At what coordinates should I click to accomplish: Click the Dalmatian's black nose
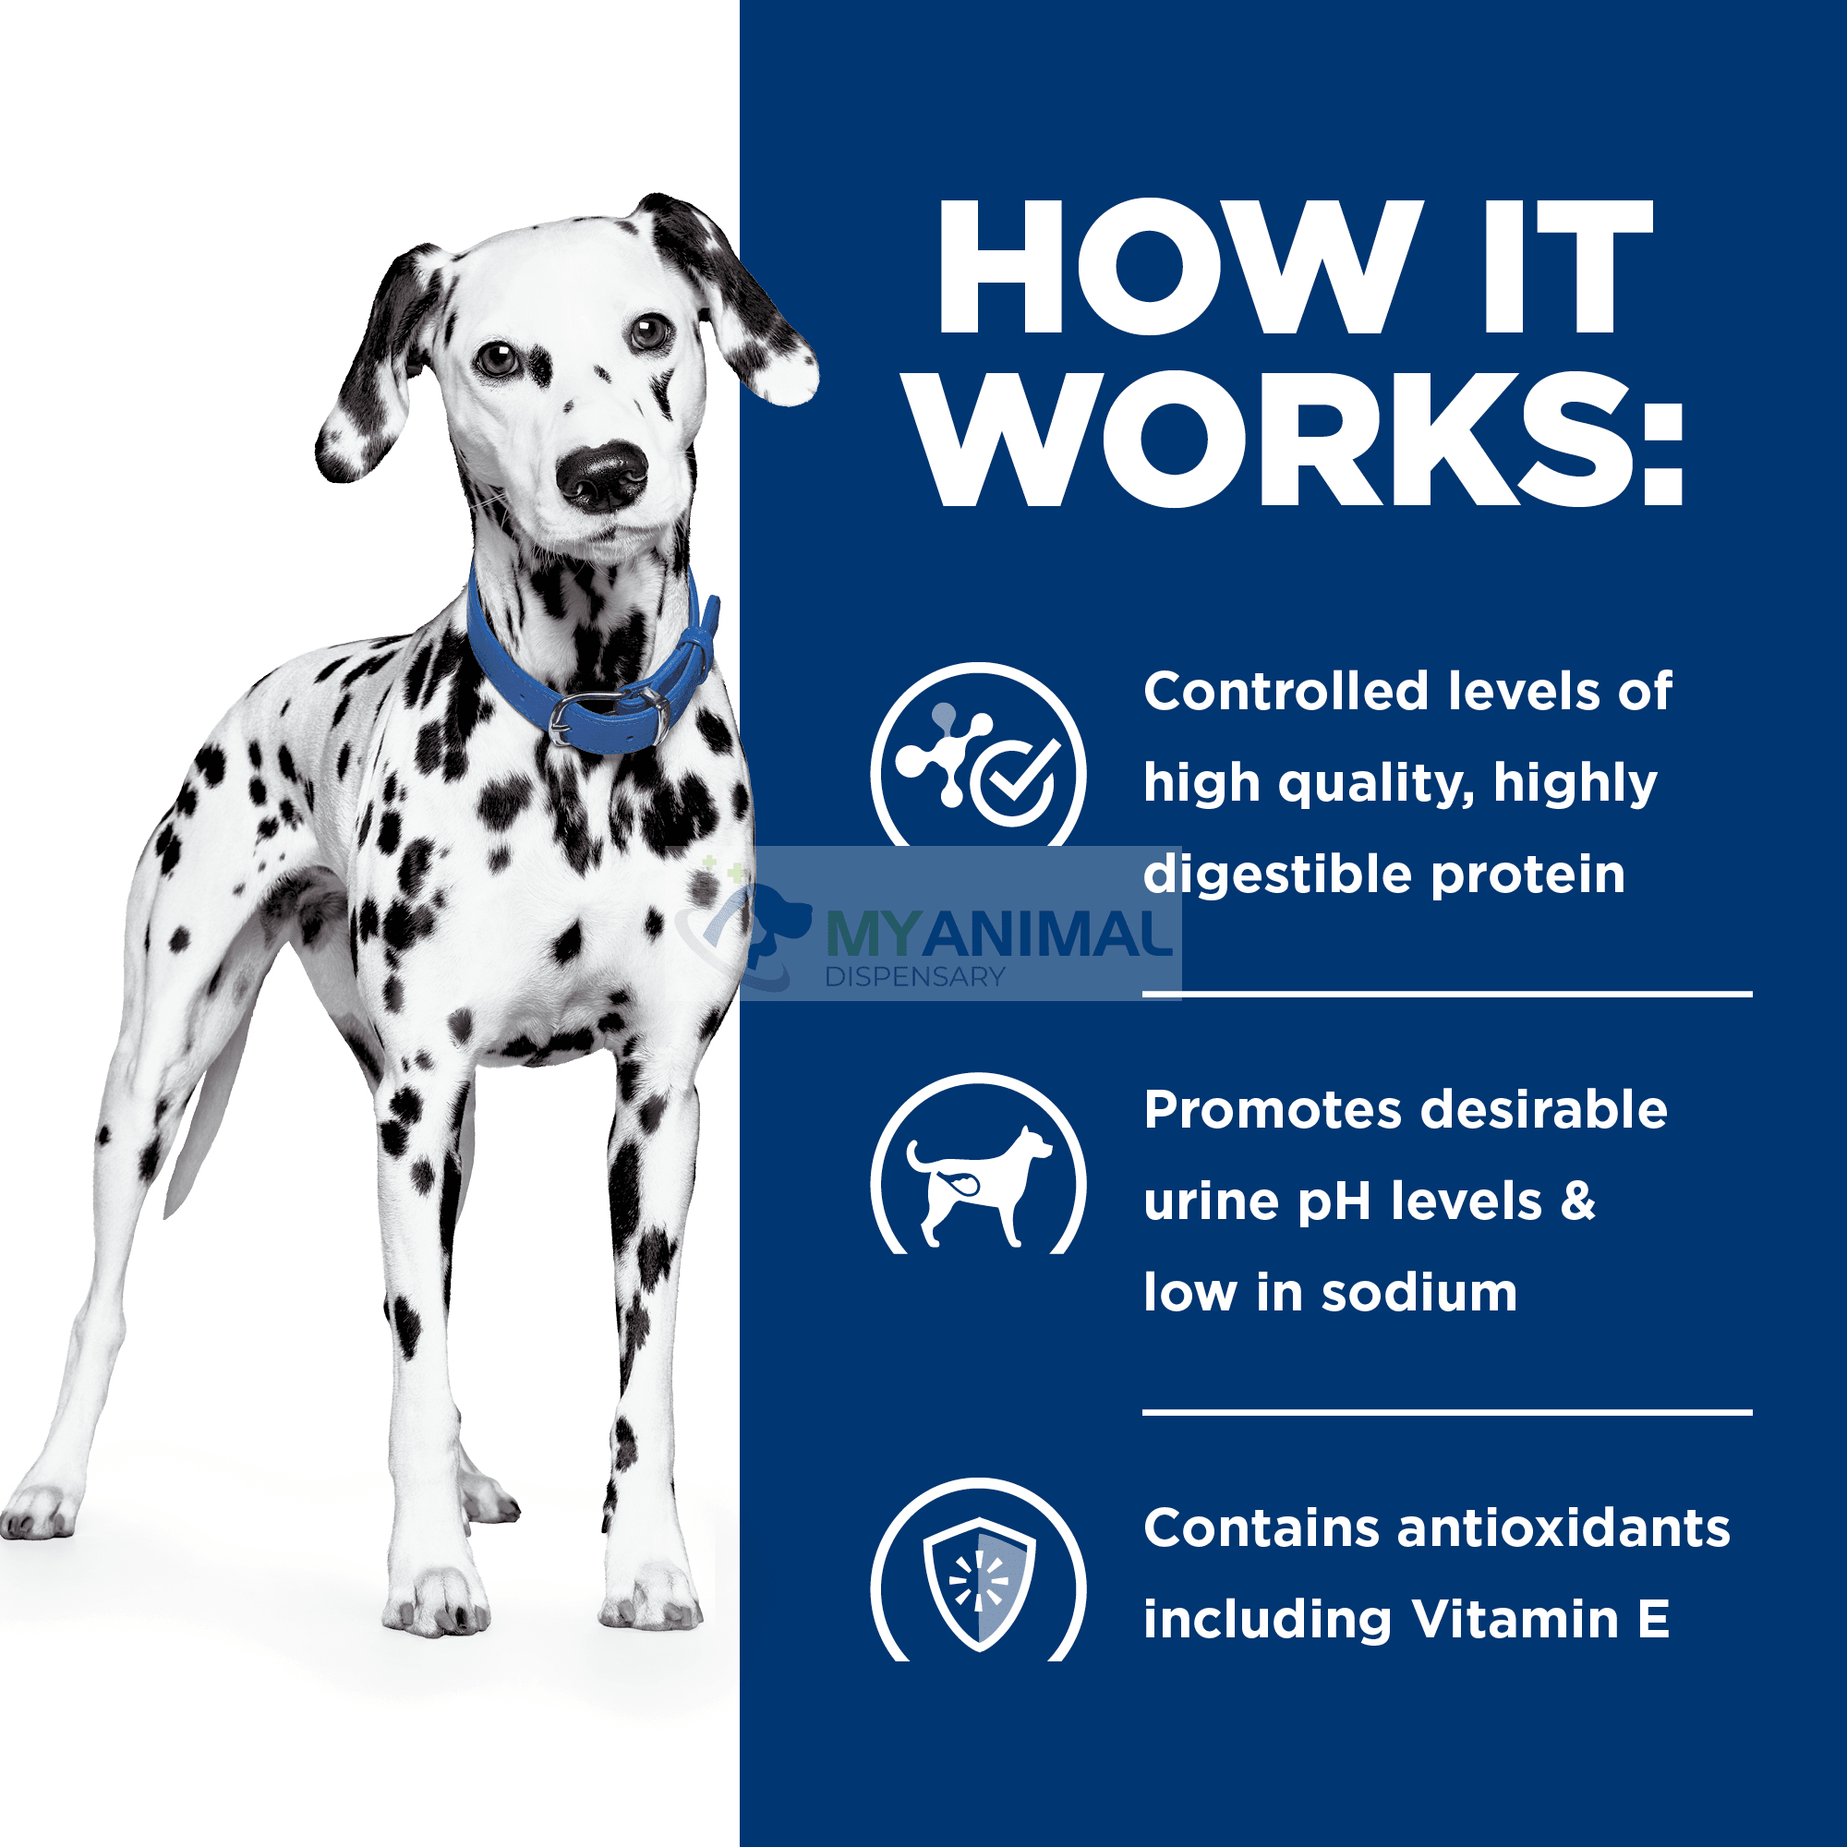click(x=603, y=475)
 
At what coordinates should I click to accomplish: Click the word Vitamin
click(x=1515, y=1620)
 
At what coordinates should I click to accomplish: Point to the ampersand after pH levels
click(x=1578, y=1201)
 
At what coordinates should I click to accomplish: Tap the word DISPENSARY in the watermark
click(x=915, y=977)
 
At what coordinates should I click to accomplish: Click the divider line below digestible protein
click(x=1447, y=996)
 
